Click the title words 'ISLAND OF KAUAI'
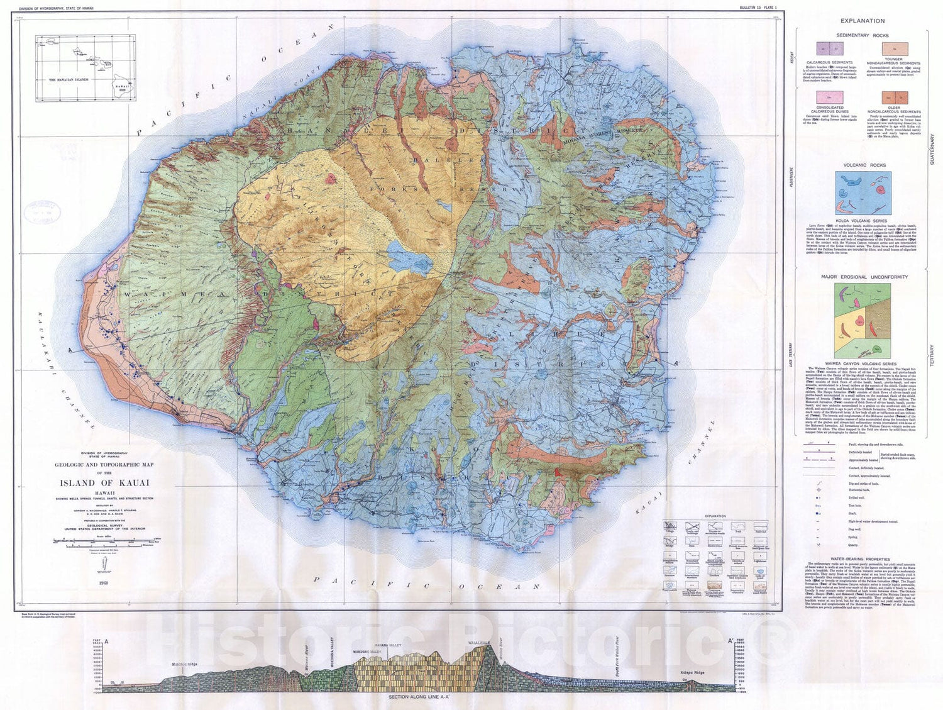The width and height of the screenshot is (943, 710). click(104, 484)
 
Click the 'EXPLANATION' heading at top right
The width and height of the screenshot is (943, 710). click(862, 21)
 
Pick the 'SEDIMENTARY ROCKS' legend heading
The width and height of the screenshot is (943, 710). click(862, 35)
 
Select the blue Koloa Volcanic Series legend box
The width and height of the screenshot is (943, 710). click(862, 194)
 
